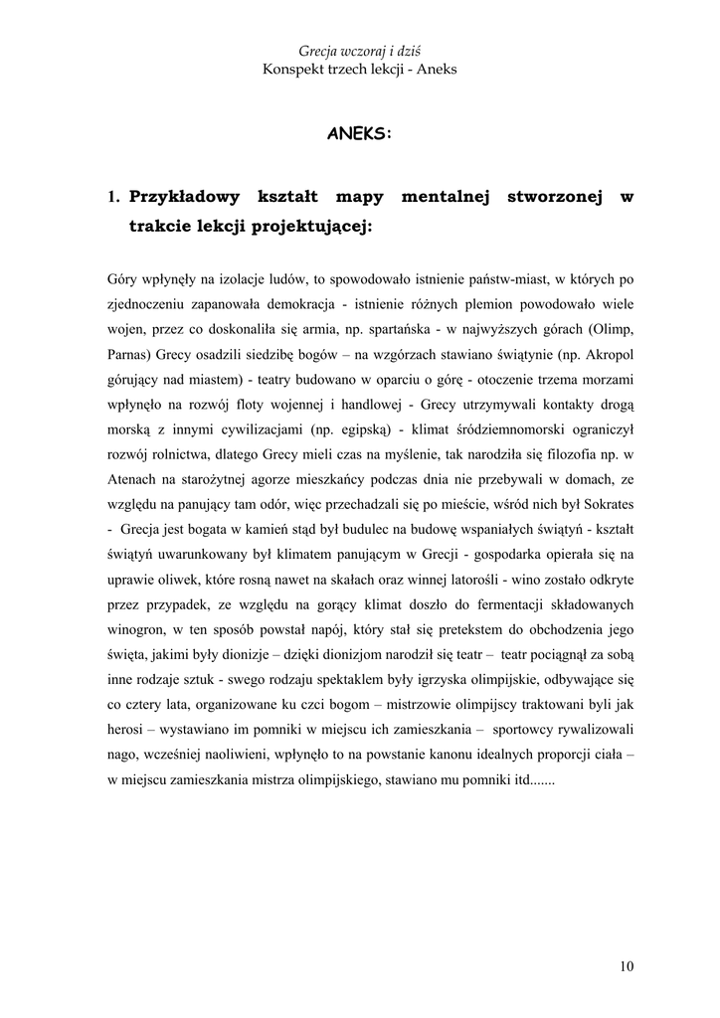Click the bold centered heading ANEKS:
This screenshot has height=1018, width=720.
click(x=360, y=133)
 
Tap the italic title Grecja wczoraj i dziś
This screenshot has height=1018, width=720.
click(x=360, y=51)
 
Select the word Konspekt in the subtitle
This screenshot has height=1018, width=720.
click(x=295, y=70)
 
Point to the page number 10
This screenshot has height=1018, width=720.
click(x=625, y=965)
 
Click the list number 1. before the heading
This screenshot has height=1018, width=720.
click(x=114, y=198)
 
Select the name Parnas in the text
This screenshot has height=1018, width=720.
click(x=129, y=354)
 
